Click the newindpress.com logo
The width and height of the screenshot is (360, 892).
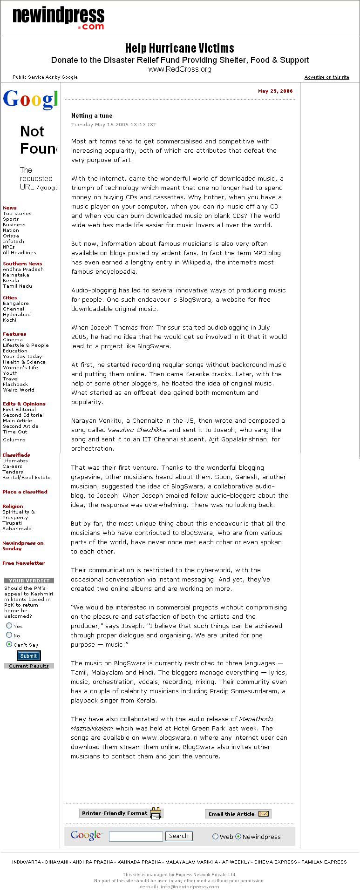click(58, 19)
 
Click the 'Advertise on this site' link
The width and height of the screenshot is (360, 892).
click(326, 77)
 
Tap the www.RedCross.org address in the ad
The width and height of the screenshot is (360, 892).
click(180, 69)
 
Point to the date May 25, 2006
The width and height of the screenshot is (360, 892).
click(275, 91)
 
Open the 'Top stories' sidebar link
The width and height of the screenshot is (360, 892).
click(17, 214)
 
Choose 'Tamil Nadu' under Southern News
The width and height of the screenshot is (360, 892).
click(17, 286)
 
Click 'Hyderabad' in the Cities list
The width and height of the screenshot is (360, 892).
click(17, 315)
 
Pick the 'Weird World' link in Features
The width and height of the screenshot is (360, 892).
click(19, 390)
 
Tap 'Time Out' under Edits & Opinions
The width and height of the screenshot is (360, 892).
click(15, 432)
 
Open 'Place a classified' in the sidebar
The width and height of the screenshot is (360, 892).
click(25, 492)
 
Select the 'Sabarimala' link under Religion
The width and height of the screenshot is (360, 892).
click(17, 529)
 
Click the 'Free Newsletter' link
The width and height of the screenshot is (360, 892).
click(24, 563)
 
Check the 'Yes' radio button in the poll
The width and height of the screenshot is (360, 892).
click(9, 626)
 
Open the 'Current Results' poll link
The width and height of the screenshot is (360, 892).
click(29, 666)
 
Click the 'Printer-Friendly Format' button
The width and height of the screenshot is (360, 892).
click(121, 813)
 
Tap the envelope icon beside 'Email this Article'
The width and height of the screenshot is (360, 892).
click(264, 814)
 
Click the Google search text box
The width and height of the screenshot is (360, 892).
click(136, 837)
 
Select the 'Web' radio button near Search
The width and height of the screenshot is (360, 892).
click(215, 837)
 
